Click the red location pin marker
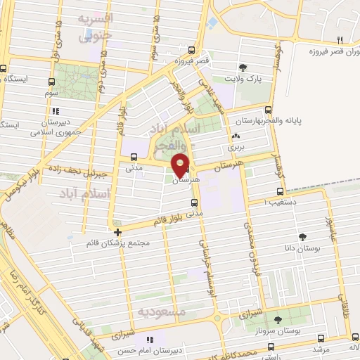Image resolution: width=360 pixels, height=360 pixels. pyautogui.click(x=181, y=165)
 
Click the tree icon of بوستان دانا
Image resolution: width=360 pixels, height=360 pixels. pyautogui.click(x=303, y=236)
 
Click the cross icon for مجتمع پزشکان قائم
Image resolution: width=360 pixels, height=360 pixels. pyautogui.click(x=117, y=232)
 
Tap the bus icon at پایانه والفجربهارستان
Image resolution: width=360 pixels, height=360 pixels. pyautogui.click(x=269, y=109)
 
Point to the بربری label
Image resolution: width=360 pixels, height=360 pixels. pyautogui.click(x=233, y=148)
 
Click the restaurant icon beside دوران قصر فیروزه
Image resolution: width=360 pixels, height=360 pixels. pyautogui.click(x=340, y=39)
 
